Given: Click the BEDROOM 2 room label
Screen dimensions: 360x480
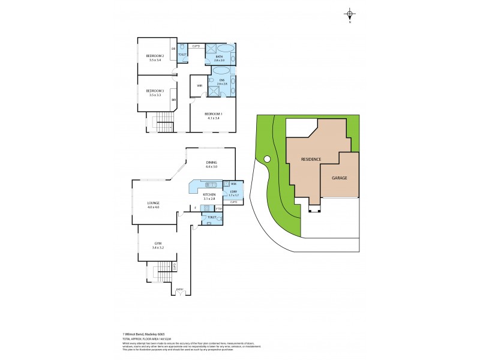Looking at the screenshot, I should coord(155,56).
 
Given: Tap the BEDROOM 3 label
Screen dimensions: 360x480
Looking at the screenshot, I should coord(155,91).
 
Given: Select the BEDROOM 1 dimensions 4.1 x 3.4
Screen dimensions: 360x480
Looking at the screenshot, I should coord(213,118).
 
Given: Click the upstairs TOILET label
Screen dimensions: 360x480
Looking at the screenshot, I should coord(182,55).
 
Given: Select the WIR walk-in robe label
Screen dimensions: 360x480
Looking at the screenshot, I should coord(199,85).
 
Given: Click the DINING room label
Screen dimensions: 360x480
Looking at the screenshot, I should coord(211,162).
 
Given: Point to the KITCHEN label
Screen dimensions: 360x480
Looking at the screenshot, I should coord(209,194).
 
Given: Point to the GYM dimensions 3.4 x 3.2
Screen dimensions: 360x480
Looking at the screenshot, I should coord(157,247).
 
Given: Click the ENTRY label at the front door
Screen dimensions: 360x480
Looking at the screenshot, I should coord(179,289).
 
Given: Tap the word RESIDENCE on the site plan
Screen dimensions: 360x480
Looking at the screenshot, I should coord(312,159).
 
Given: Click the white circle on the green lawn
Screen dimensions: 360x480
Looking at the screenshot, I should coord(267,159).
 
